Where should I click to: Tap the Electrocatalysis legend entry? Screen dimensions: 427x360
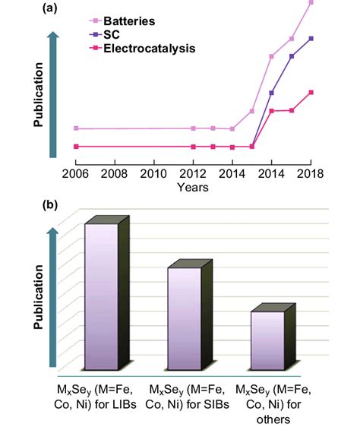pyautogui.click(x=149, y=48)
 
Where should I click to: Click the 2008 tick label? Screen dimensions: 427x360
pyautogui.click(x=115, y=173)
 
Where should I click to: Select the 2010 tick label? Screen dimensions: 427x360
pyautogui.click(x=154, y=173)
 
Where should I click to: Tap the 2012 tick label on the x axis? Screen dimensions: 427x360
pyautogui.click(x=194, y=173)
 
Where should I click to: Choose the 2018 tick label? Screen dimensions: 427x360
pyautogui.click(x=310, y=173)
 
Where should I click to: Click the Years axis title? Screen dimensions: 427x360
pyautogui.click(x=193, y=187)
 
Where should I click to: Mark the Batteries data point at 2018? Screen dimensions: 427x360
pyautogui.click(x=311, y=3)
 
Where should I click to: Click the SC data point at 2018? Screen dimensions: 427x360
pyautogui.click(x=311, y=38)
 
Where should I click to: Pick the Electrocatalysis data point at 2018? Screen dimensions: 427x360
pyautogui.click(x=311, y=93)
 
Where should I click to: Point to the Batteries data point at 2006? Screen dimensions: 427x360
pyautogui.click(x=75, y=128)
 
